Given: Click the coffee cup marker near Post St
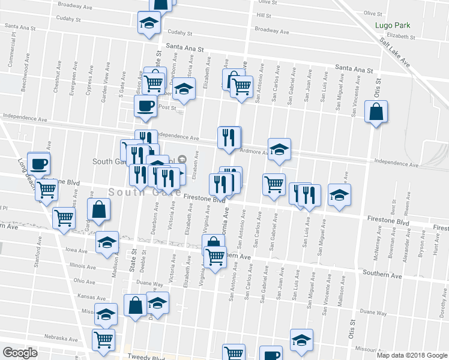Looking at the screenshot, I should pyautogui.click(x=145, y=107).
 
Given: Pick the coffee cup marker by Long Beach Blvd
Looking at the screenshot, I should pyautogui.click(x=39, y=163).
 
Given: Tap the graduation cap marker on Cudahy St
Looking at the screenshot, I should pyautogui.click(x=148, y=24).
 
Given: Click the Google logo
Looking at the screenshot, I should pyautogui.click(x=20, y=353).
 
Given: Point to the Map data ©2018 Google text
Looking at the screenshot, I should pyautogui.click(x=412, y=355).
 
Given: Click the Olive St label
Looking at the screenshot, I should pyautogui.click(x=373, y=13).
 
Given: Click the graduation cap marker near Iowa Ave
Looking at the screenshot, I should pyautogui.click(x=107, y=242).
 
